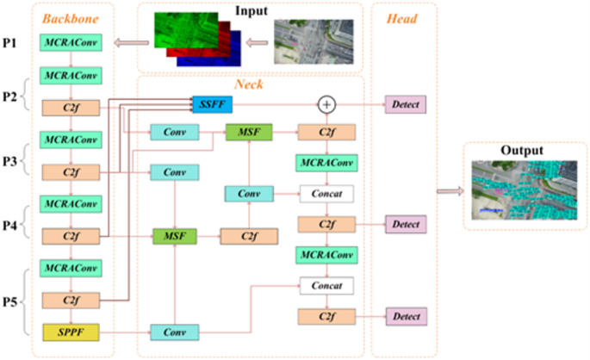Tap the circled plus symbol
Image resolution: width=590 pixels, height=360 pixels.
326,104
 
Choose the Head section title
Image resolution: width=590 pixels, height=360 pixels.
403,18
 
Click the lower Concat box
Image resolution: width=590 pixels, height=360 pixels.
326,286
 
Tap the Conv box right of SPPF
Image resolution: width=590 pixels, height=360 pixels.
175,332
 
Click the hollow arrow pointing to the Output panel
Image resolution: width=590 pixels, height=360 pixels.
448,191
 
